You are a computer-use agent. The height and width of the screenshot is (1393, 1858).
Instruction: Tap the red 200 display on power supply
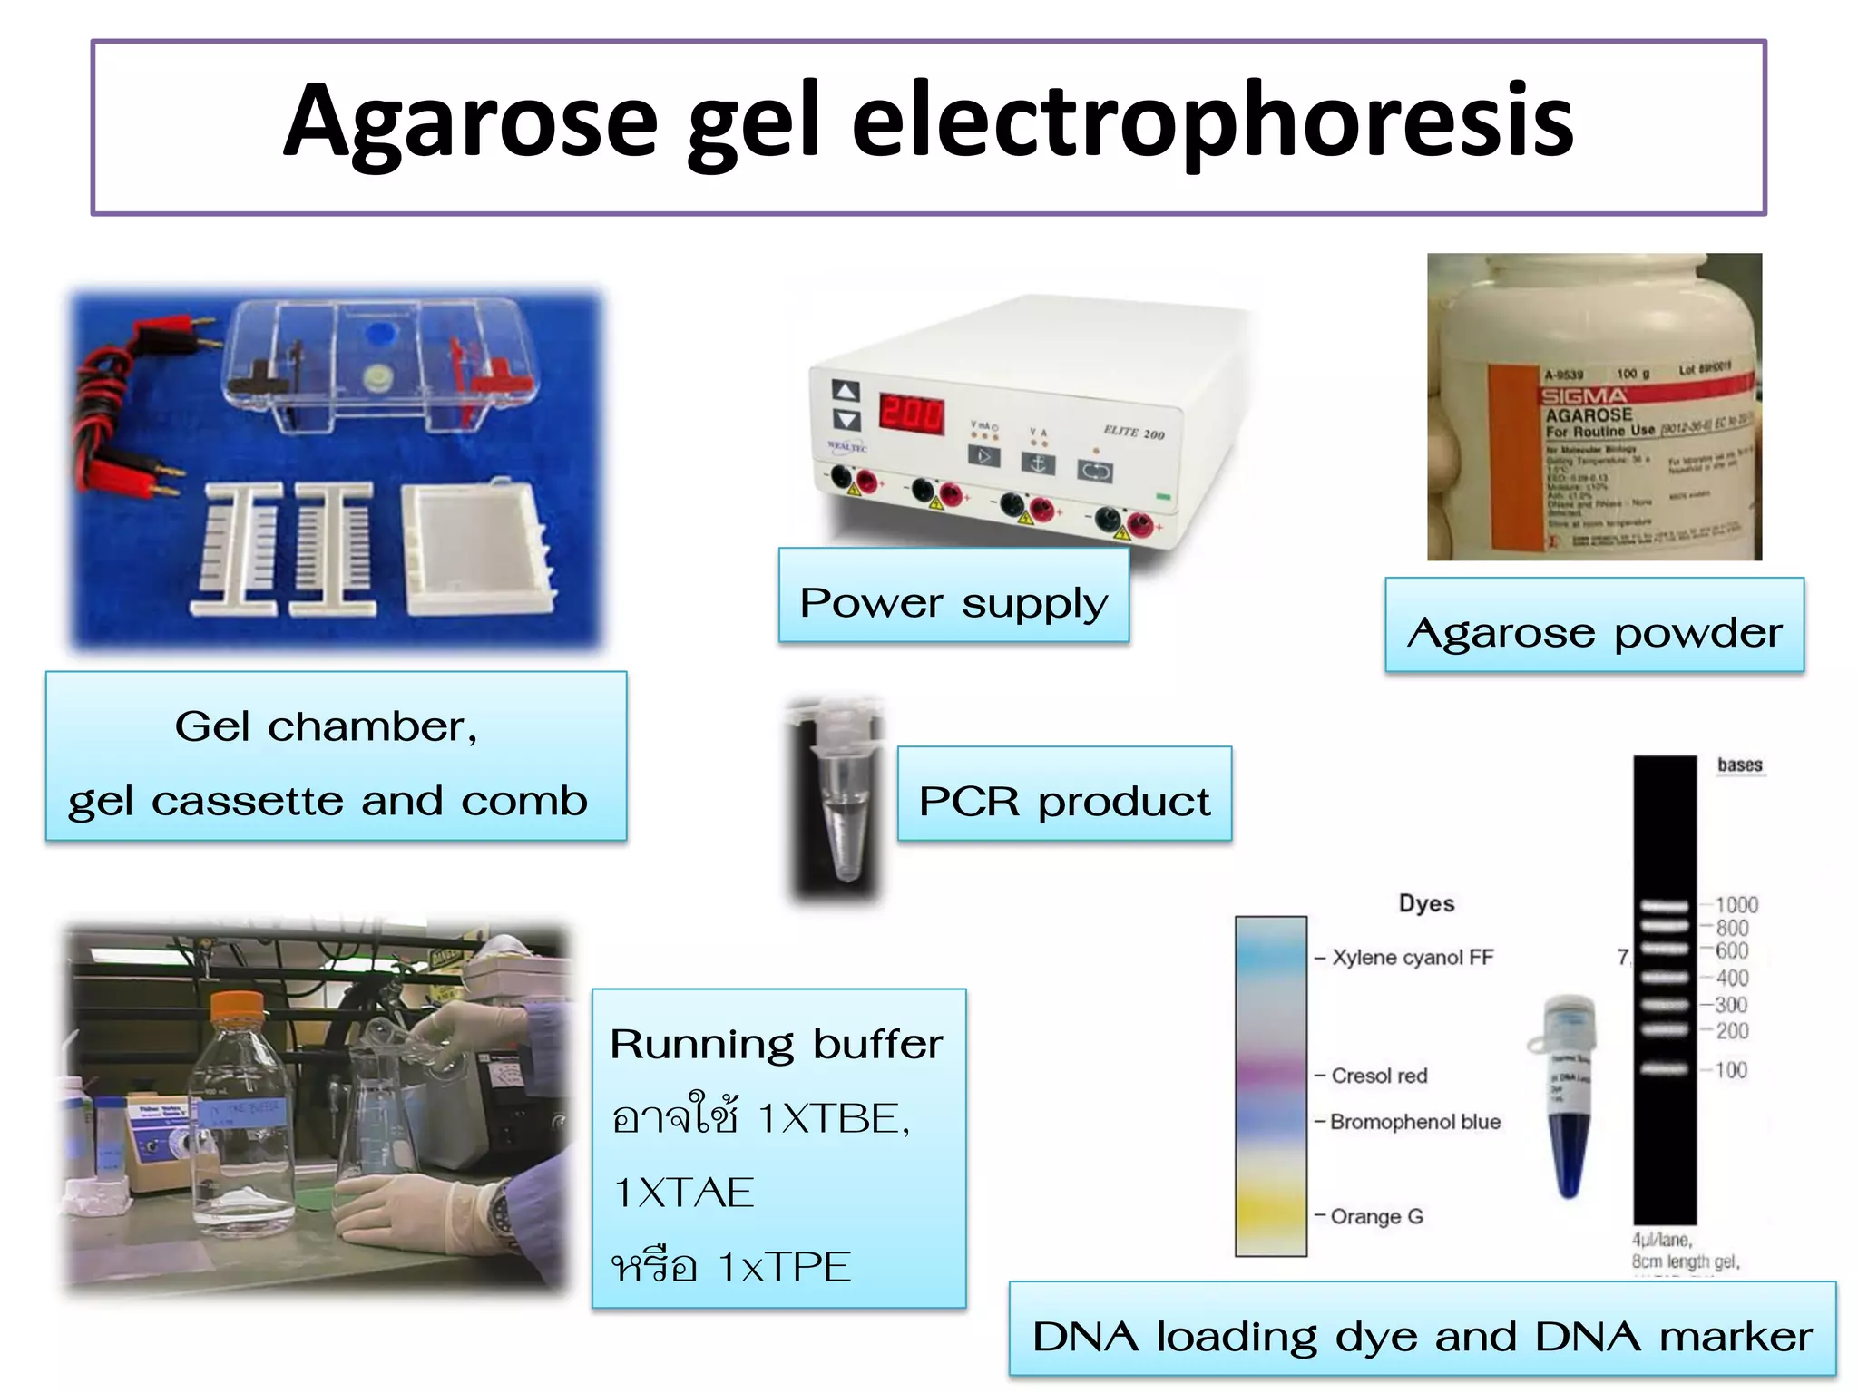pyautogui.click(x=911, y=414)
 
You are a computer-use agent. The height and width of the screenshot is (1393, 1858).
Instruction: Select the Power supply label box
pyautogui.click(x=953, y=596)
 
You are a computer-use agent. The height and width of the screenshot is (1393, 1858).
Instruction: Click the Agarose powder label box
pyautogui.click(x=1594, y=626)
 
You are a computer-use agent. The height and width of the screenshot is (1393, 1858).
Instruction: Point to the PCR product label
pyautogui.click(x=1064, y=794)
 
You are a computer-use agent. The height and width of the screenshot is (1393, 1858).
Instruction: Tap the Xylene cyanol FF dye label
pyautogui.click(x=1412, y=958)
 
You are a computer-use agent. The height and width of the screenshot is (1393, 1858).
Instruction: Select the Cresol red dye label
pyautogui.click(x=1379, y=1076)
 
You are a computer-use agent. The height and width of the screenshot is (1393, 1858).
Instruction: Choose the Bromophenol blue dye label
pyautogui.click(x=1415, y=1122)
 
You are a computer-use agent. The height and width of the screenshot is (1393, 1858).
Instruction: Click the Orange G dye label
pyautogui.click(x=1376, y=1216)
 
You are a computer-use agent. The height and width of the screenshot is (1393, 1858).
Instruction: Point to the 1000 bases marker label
pyautogui.click(x=1736, y=905)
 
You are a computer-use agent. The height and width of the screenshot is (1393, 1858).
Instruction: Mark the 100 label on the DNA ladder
pyautogui.click(x=1730, y=1070)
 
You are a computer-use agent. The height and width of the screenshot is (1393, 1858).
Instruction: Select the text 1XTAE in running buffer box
pyautogui.click(x=684, y=1192)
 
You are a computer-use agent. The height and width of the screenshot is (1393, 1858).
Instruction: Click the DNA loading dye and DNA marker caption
pyautogui.click(x=1422, y=1336)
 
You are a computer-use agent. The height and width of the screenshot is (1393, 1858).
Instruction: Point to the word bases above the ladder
pyautogui.click(x=1739, y=765)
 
